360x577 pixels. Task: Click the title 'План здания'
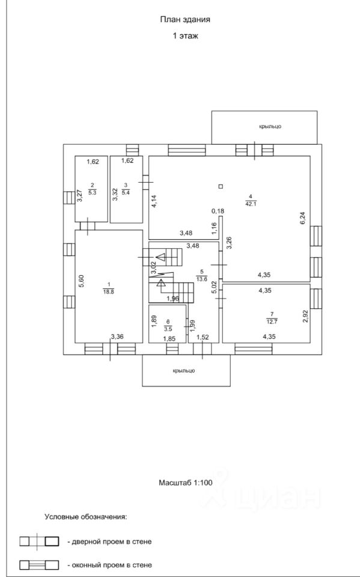point(185,20)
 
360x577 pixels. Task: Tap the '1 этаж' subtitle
point(185,36)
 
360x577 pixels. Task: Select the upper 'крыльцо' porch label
point(270,127)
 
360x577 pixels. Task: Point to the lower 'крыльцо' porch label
point(183,371)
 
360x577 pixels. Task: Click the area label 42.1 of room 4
point(250,204)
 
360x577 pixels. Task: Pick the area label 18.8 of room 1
point(109,292)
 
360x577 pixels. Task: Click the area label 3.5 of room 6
point(168,329)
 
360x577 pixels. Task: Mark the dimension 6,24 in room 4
point(304,220)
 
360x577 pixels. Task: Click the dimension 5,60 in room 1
point(82,282)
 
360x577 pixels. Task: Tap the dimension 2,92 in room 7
point(305,316)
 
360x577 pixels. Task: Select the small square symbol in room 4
point(221,186)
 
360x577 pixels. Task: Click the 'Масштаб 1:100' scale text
point(186,483)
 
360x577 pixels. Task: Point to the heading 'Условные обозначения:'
point(86,517)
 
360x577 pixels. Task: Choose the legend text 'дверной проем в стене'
point(109,542)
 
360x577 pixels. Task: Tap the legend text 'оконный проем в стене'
point(109,565)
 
